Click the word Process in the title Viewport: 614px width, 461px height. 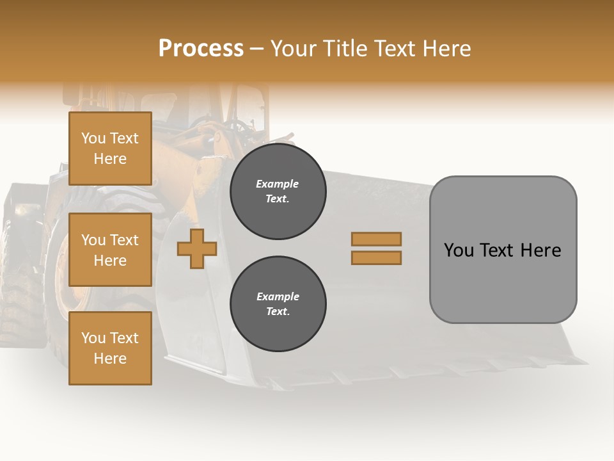tap(201, 49)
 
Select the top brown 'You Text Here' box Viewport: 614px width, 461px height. tap(110, 149)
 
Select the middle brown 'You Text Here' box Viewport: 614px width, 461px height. tap(110, 250)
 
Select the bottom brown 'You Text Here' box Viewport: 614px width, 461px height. tap(110, 348)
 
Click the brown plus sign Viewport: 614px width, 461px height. tap(197, 249)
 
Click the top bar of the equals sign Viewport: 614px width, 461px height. tap(376, 239)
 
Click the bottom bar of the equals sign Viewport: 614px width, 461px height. tap(376, 258)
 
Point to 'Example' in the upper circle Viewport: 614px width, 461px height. tap(278, 184)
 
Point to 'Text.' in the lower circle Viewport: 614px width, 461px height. tap(278, 312)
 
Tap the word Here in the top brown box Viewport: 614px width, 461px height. tap(110, 159)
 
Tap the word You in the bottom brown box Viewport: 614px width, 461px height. tap(93, 338)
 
